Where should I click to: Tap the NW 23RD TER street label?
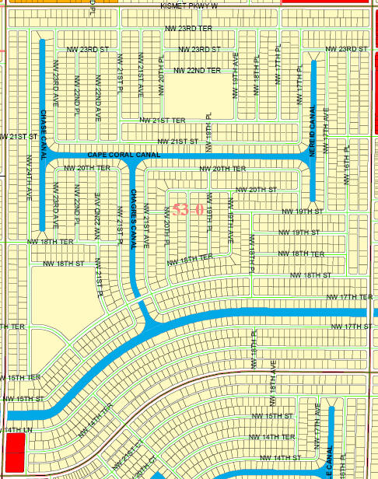[188, 28]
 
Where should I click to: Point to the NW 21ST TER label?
[163, 121]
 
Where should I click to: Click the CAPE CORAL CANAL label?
[124, 155]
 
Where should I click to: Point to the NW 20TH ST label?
[257, 190]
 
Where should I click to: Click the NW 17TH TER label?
[350, 297]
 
